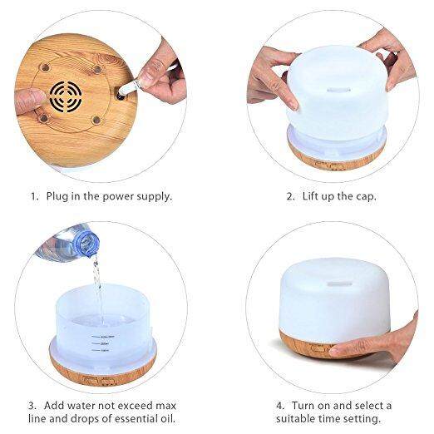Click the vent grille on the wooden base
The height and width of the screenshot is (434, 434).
pyautogui.click(x=66, y=96)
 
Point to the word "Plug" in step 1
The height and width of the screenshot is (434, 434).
pyautogui.click(x=57, y=197)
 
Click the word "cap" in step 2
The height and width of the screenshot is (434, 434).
pyautogui.click(x=366, y=197)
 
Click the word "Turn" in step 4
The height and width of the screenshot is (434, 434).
pyautogui.click(x=303, y=406)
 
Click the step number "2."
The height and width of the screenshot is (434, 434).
pyautogui.click(x=290, y=196)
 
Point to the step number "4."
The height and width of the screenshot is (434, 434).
pyautogui.click(x=280, y=406)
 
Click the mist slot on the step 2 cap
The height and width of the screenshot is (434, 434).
pyautogui.click(x=338, y=90)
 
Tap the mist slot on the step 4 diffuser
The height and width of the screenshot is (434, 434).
pyautogui.click(x=340, y=284)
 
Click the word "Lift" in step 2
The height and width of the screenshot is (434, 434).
pyautogui.click(x=310, y=196)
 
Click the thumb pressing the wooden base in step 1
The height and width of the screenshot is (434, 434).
pyautogui.click(x=30, y=101)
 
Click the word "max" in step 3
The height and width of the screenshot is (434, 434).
pyautogui.click(x=165, y=406)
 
